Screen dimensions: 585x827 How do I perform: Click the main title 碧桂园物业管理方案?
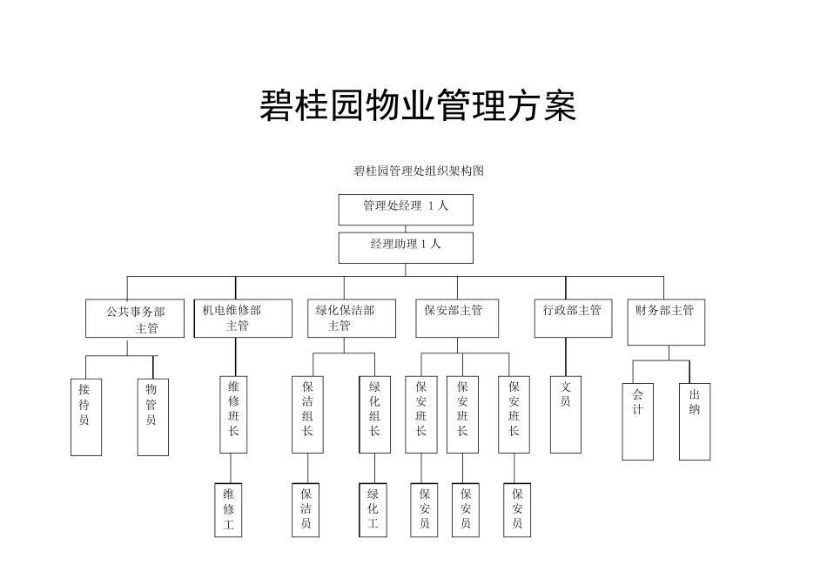click(418, 105)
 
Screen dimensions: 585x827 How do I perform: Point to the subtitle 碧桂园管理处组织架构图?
click(418, 171)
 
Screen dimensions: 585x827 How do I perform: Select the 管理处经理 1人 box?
click(406, 209)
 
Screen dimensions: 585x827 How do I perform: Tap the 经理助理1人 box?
click(406, 247)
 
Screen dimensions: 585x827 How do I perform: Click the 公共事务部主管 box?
click(135, 319)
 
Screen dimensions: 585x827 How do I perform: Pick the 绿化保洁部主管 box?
click(344, 318)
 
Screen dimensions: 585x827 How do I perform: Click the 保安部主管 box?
click(457, 318)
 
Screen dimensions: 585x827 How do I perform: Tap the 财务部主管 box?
click(666, 318)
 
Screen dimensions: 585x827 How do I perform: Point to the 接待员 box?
click(85, 416)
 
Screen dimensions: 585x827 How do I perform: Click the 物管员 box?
click(152, 416)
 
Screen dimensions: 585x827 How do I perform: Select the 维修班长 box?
click(233, 414)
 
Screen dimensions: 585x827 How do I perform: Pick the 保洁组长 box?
click(307, 414)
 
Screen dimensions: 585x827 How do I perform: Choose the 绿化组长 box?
click(374, 414)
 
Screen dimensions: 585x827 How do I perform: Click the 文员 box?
click(566, 414)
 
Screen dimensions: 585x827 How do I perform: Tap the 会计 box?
click(637, 420)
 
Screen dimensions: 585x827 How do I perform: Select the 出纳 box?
click(695, 420)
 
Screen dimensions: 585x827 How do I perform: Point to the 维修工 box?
click(228, 509)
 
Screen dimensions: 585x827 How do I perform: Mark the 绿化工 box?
click(373, 509)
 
